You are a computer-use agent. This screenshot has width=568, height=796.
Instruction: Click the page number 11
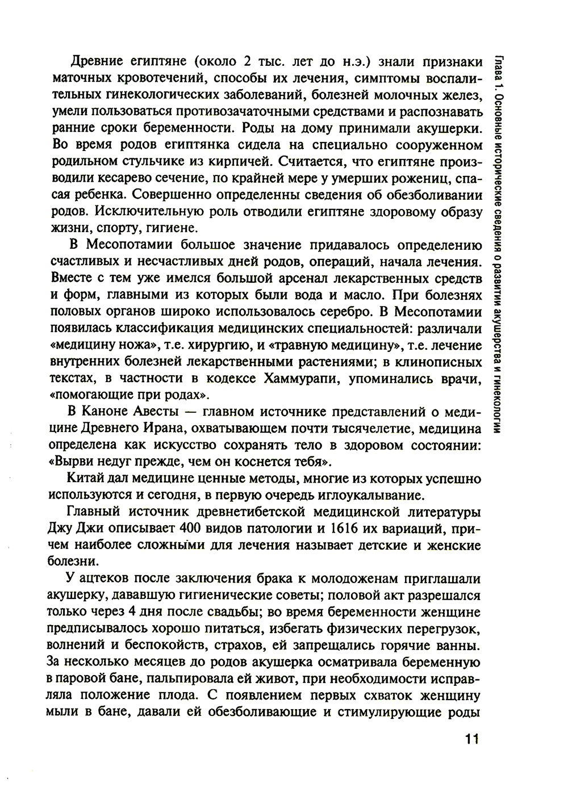point(472,739)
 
